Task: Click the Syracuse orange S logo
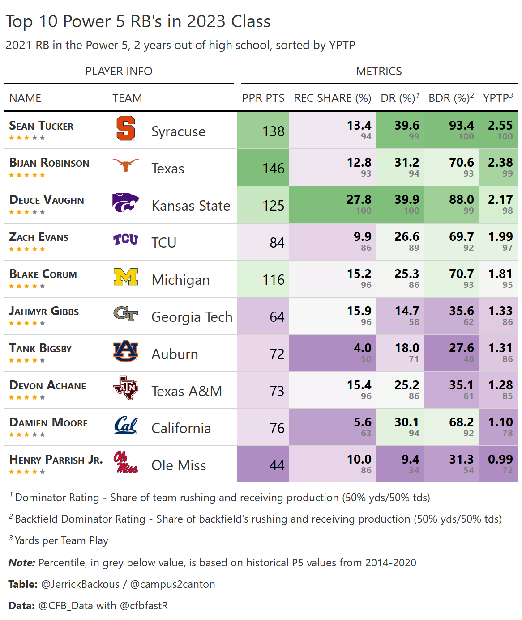125,129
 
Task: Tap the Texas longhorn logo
125,165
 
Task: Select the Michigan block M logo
126,277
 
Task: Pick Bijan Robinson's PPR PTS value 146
273,169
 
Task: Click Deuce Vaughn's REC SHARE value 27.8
359,200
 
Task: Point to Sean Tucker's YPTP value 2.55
500,126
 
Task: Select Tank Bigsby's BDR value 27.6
461,348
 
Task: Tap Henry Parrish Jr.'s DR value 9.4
410,460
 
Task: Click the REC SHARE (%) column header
332,98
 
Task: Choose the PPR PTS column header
263,98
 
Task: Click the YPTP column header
497,98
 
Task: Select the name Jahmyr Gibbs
44,312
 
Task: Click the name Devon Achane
47,386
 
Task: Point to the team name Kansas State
191,206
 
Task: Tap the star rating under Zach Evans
27,249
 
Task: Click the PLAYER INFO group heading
119,72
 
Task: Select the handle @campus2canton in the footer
172,584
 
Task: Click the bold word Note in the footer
21,563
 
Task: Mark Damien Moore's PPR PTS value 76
277,428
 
